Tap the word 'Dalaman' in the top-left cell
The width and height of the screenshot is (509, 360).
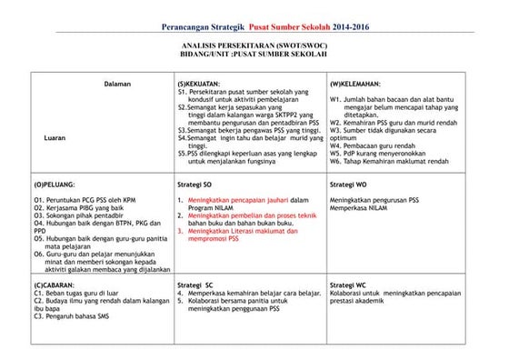pos(117,84)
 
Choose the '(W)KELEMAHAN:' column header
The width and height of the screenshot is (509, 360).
pos(356,84)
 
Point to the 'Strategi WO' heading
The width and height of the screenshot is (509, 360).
pos(348,183)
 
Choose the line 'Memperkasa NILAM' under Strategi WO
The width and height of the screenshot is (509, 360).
pos(360,207)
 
